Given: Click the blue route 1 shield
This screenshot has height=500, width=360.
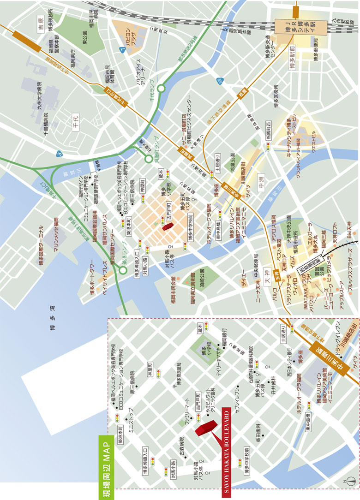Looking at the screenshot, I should click(122, 49).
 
